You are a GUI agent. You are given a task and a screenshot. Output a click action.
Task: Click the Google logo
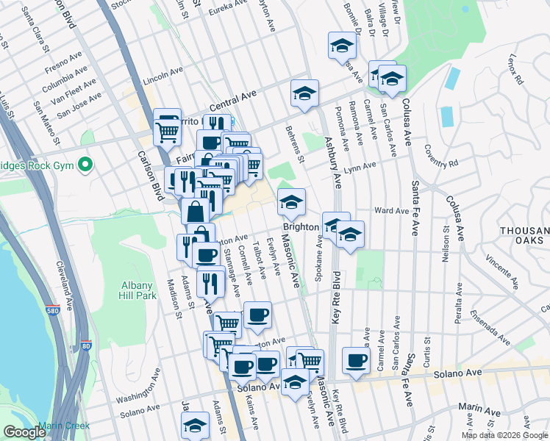pyautogui.click(x=24, y=432)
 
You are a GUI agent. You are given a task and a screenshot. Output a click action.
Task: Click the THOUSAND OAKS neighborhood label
pyautogui.click(x=524, y=237)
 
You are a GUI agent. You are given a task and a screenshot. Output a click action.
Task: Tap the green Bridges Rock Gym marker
pyautogui.click(x=86, y=163)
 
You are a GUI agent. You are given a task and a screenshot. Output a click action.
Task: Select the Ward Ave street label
pyautogui.click(x=391, y=211)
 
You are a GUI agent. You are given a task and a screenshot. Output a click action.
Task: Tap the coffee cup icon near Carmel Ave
pyautogui.click(x=357, y=361)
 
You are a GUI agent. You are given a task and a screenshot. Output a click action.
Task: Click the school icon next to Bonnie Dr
pyautogui.click(x=341, y=46)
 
